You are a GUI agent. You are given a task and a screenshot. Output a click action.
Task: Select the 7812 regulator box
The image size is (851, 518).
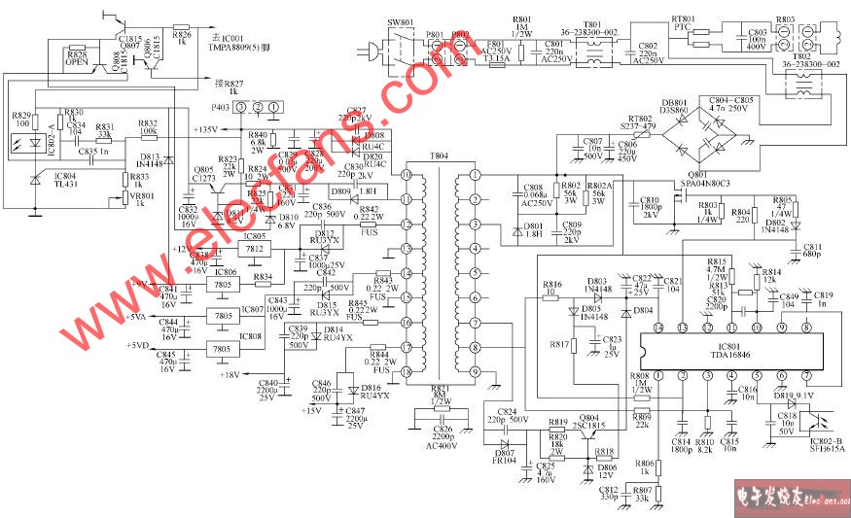[x=254, y=250]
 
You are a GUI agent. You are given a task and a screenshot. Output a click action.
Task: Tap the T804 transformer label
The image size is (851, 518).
[x=441, y=156]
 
